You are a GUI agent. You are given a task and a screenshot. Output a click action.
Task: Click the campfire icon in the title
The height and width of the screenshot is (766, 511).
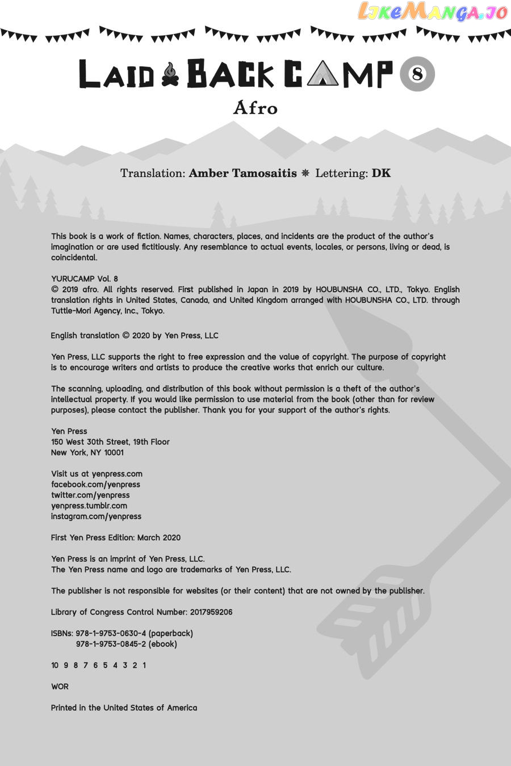(170, 75)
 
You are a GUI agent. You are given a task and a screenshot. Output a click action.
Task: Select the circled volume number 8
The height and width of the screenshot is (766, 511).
(418, 74)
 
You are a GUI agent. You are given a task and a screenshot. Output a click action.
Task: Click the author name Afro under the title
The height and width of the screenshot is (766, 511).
(256, 108)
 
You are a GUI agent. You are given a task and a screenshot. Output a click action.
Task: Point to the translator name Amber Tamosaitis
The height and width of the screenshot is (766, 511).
(242, 173)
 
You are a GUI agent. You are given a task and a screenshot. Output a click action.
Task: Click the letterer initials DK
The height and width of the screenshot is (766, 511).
(381, 173)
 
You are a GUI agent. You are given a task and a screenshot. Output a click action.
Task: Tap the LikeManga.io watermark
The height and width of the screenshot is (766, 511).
(433, 12)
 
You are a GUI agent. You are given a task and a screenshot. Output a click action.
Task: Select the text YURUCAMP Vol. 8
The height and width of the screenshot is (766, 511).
(85, 279)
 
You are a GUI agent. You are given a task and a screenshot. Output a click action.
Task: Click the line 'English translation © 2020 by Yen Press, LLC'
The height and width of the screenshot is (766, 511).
(135, 335)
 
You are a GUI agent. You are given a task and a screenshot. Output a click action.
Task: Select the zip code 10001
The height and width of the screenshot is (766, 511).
(114, 453)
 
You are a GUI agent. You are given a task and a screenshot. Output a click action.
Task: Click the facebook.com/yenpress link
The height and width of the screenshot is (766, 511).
(95, 485)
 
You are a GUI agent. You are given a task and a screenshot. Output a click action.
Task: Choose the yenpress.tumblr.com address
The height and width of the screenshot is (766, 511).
(89, 506)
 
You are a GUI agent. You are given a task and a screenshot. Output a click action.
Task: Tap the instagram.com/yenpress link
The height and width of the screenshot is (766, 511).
(96, 516)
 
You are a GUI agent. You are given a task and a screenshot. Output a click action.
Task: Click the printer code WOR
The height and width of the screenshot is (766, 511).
(60, 687)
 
